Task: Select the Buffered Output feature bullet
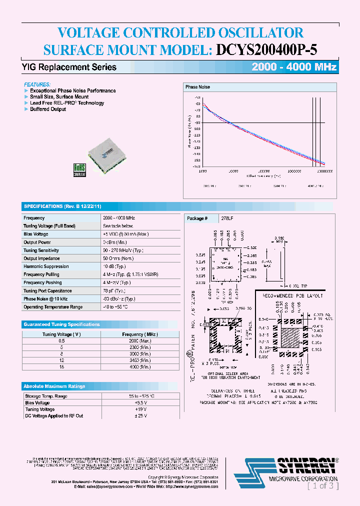48,109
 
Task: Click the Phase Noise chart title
198,87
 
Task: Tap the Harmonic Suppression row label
46,266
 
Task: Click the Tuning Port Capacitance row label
47,291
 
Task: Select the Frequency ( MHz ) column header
139,334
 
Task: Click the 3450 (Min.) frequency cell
139,360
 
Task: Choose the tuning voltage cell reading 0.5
61,340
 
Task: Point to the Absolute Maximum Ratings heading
54,386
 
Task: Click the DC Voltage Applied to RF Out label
53,416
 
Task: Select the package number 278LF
227,218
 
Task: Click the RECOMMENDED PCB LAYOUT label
290,295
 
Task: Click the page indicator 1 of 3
323,485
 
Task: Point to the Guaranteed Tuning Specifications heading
61,324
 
